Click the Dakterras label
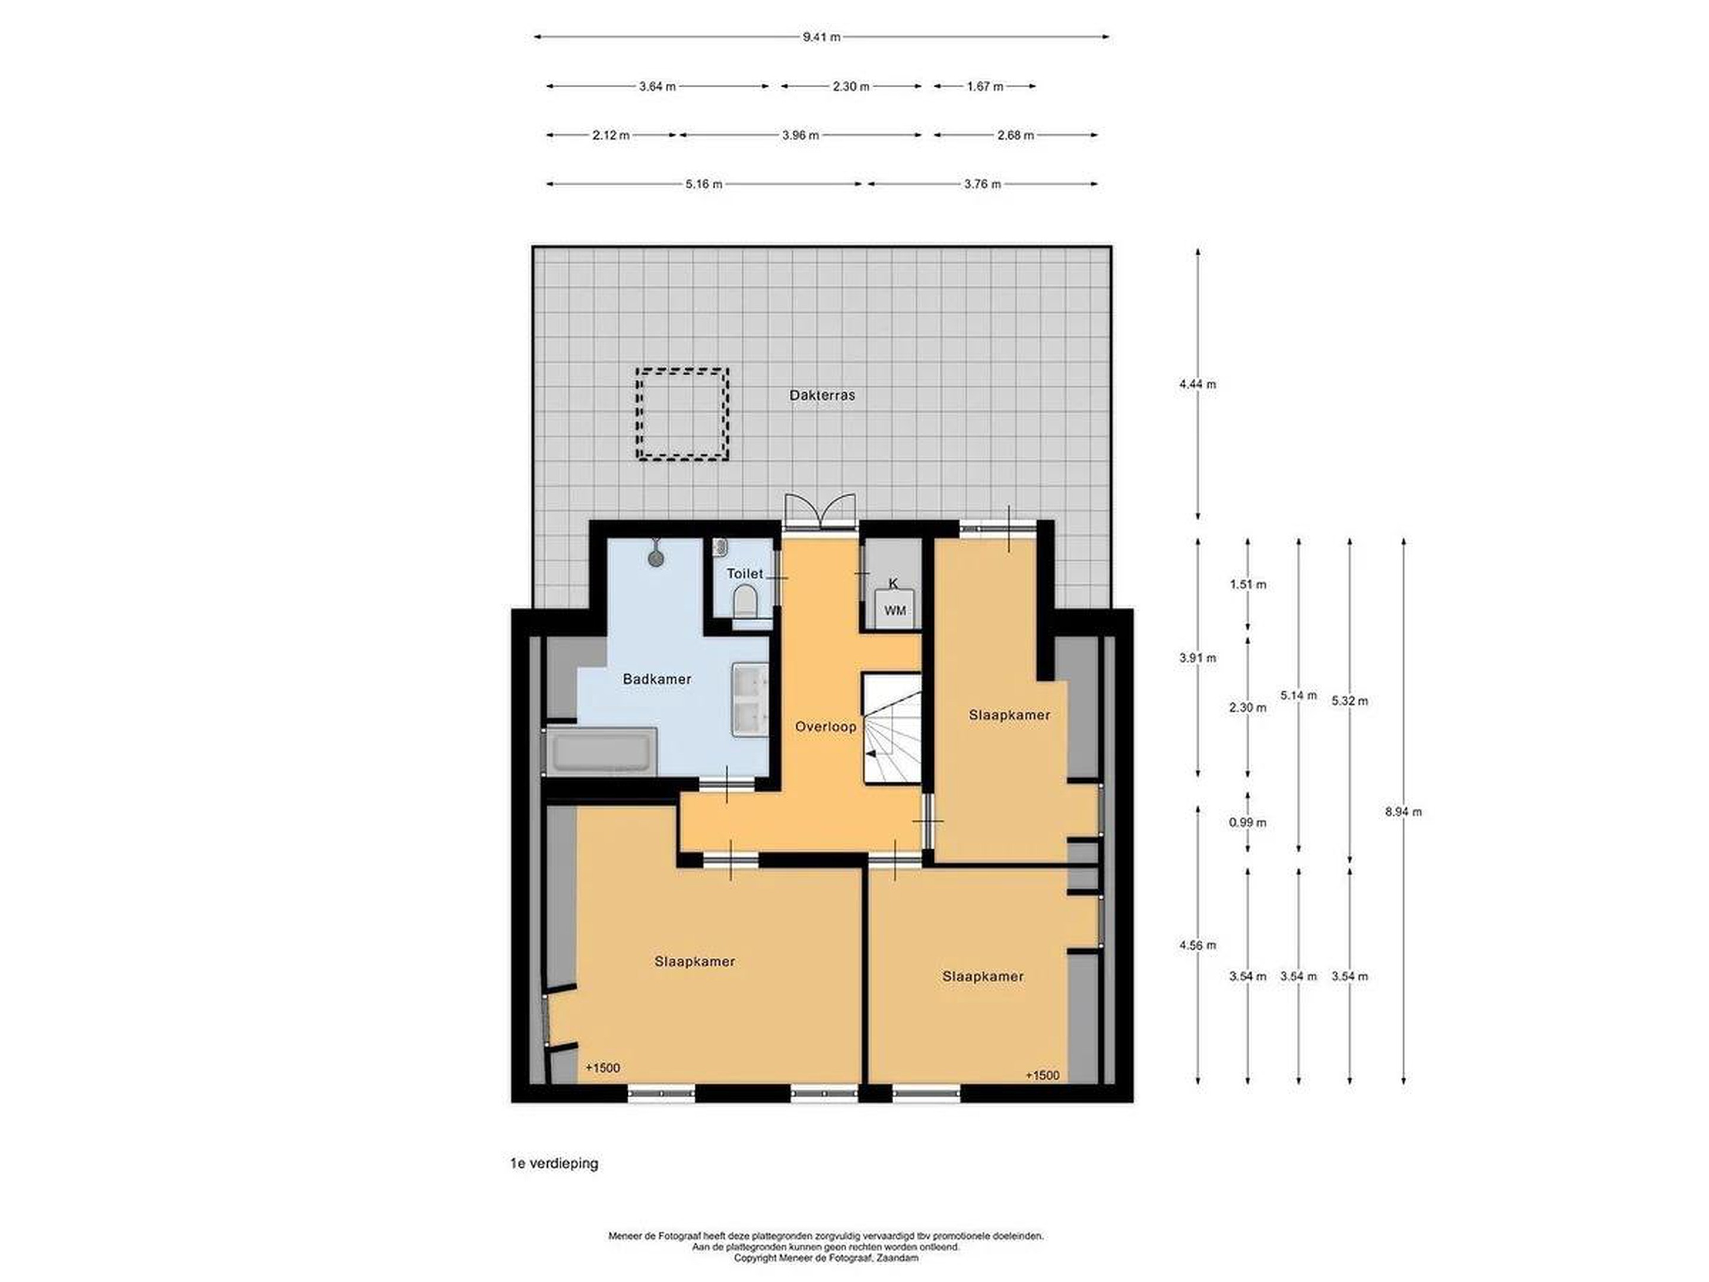point(822,395)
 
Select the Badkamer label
point(657,679)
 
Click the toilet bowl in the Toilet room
point(745,601)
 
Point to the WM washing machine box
point(895,610)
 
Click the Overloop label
point(826,727)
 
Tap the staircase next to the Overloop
point(892,728)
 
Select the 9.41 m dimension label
point(821,36)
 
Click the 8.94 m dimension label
point(1403,811)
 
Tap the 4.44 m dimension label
point(1197,384)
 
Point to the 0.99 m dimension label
point(1248,822)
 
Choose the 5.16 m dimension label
point(704,184)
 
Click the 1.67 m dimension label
point(985,87)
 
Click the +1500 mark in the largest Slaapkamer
point(603,1067)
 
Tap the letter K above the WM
point(894,583)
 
